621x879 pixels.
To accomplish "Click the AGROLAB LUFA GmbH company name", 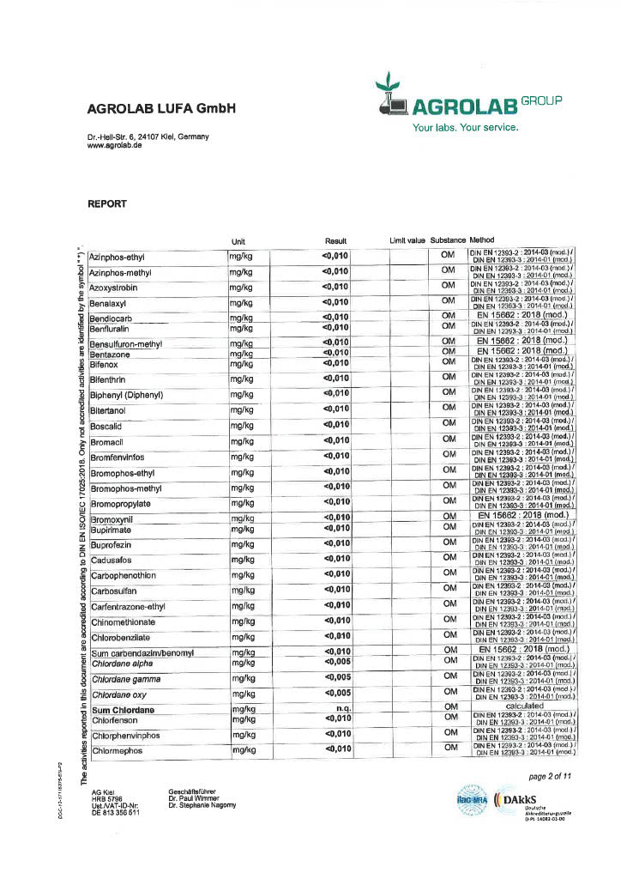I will [x=160, y=109].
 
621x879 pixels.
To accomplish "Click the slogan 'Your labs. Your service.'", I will [x=466, y=128].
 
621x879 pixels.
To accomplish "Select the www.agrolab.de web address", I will [x=114, y=146].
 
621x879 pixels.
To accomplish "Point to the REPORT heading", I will [x=106, y=204].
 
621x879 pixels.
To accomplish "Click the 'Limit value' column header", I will [x=407, y=240].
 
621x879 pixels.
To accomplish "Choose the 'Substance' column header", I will [x=448, y=240].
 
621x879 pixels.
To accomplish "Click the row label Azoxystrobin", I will [x=118, y=288].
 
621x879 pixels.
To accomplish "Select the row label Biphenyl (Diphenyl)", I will [x=129, y=395].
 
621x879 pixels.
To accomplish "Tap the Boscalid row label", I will [x=110, y=426].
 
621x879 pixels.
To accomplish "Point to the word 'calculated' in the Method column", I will [x=524, y=706].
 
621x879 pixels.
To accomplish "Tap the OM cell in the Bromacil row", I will [x=449, y=439].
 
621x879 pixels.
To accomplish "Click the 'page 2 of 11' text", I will [x=550, y=776].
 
